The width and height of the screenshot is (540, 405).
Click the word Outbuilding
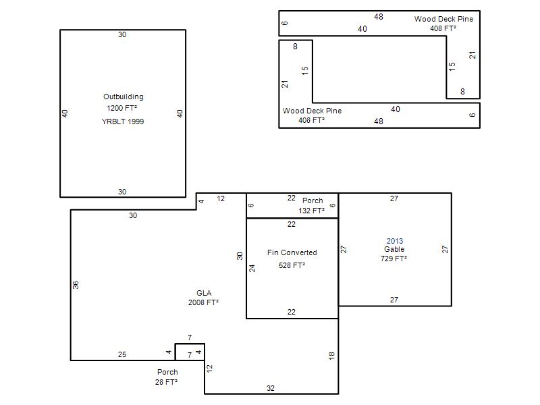click(124, 97)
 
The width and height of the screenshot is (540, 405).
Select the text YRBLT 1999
click(123, 122)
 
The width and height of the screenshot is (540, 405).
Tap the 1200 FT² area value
click(122, 108)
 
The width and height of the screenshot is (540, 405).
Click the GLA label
click(204, 293)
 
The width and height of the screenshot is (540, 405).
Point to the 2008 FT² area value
click(203, 302)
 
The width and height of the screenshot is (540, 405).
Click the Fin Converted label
click(292, 252)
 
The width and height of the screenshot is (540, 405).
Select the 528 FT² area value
click(292, 265)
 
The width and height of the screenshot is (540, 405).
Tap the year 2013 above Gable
click(395, 241)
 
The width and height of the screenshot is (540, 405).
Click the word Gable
click(394, 249)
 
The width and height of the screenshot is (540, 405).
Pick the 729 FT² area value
click(394, 259)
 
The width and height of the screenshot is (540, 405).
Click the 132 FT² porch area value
click(311, 211)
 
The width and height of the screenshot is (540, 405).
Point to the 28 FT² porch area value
click(166, 382)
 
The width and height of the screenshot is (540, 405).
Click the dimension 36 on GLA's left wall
click(76, 285)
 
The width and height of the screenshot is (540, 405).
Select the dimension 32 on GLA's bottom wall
click(271, 388)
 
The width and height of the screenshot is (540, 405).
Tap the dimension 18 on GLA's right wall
click(331, 356)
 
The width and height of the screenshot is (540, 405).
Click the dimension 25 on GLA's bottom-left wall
click(122, 354)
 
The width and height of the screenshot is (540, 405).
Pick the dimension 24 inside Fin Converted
click(252, 268)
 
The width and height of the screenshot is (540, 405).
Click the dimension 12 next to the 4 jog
click(221, 198)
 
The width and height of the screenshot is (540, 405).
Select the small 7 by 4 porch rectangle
click(190, 344)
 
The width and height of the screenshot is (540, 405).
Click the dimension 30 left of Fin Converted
click(240, 256)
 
